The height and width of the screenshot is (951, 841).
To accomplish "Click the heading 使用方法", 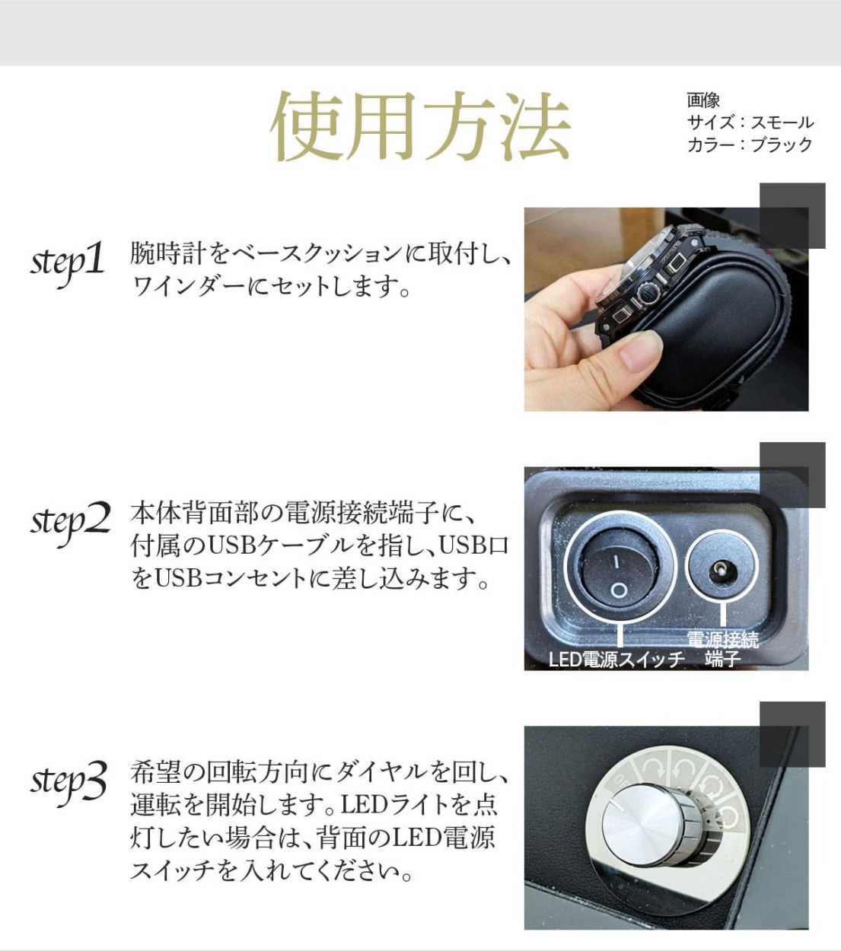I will (420, 126).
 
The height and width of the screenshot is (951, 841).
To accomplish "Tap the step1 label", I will (68, 262).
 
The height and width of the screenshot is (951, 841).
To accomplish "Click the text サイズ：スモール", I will (750, 122).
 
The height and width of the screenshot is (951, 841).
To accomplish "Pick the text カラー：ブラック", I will (750, 145).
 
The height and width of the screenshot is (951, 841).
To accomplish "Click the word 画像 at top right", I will (702, 100).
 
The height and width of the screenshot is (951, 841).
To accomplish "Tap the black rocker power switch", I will (619, 574).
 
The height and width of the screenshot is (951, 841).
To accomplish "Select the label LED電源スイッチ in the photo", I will (616, 659).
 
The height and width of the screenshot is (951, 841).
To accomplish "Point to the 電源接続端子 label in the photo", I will (722, 648).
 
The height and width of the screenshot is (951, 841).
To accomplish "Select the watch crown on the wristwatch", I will (647, 291).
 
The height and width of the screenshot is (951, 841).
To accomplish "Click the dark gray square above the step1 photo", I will (792, 215).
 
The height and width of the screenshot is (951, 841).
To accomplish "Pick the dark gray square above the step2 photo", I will (792, 475).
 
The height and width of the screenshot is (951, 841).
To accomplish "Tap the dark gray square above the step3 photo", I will (792, 734).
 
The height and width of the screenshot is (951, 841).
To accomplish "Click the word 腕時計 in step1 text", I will (157, 253).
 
